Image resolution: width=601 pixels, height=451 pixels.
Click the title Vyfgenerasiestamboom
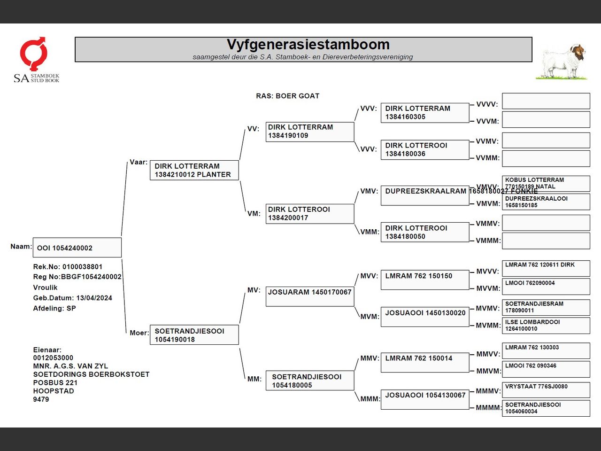click(308, 45)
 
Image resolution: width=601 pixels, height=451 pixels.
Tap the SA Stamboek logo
click(35, 60)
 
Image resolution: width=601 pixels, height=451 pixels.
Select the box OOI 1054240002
click(77, 248)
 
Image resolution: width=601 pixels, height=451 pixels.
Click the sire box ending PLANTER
click(194, 170)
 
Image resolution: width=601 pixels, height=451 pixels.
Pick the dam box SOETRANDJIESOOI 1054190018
click(194, 335)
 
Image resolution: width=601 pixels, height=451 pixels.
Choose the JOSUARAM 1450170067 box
click(310, 296)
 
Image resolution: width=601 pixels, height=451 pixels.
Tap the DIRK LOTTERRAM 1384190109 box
click(310, 132)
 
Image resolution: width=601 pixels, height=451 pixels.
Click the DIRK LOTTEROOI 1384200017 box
click(310, 214)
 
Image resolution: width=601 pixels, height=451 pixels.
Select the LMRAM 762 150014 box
click(424, 363)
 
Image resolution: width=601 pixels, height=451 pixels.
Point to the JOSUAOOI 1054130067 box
click(424, 399)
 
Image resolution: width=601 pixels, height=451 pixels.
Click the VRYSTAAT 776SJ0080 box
click(546, 390)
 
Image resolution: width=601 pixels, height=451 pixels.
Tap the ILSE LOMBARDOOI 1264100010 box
click(546, 326)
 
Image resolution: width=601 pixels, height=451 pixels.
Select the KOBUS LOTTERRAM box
click(546, 183)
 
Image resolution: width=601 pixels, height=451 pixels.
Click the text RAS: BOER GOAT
click(287, 96)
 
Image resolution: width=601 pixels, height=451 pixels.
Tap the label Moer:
click(139, 333)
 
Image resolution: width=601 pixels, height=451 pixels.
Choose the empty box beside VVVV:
click(546, 101)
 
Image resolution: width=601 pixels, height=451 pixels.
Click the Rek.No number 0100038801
click(82, 267)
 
